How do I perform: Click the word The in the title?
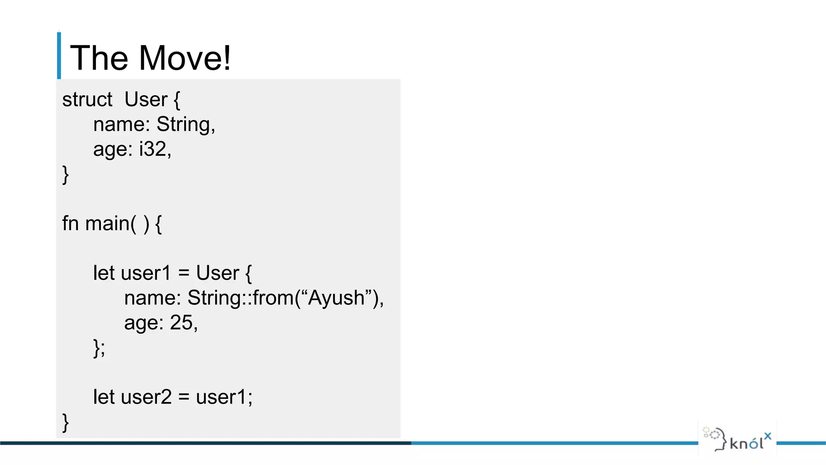point(99,58)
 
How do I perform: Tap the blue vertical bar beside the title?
point(59,56)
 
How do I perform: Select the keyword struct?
point(87,100)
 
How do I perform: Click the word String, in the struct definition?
point(186,124)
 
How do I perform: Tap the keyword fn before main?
point(70,223)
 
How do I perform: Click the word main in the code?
point(107,223)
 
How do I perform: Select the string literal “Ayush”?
point(336,298)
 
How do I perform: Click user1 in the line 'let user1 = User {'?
point(146,273)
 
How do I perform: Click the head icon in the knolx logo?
point(716,438)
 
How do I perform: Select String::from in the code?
point(240,298)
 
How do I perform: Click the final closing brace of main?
point(65,423)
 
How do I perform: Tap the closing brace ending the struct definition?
point(65,174)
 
